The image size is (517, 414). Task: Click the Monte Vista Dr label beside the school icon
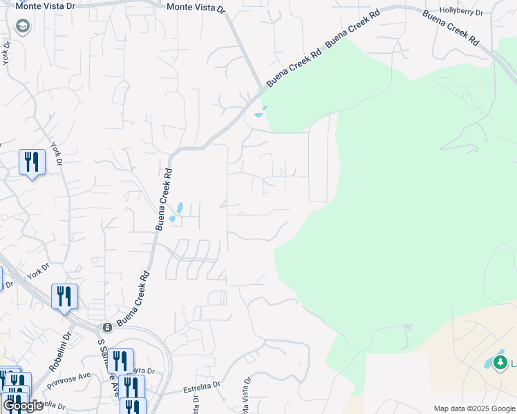click(x=39, y=6)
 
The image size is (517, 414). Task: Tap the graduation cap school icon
click(x=22, y=26)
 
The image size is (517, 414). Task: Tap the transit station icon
click(x=107, y=327)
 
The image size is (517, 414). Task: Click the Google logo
click(x=22, y=406)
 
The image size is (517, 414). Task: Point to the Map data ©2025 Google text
click(x=474, y=408)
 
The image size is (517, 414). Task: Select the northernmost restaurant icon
click(x=32, y=162)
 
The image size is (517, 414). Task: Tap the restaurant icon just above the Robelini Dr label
click(x=64, y=297)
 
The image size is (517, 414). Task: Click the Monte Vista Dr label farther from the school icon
click(x=196, y=8)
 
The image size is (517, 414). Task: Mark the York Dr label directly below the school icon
click(x=6, y=53)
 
